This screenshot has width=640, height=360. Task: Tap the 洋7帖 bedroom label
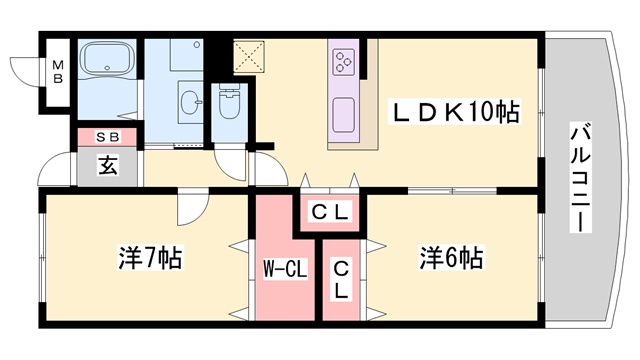click(146, 258)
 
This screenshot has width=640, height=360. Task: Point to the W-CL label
click(284, 268)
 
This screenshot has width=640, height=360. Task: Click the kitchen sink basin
click(344, 111)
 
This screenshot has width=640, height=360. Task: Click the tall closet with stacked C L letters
click(342, 279)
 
